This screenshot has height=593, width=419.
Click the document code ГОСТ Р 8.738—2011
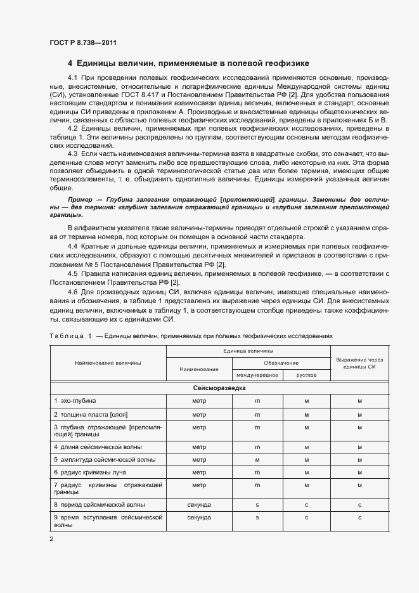pos(82,42)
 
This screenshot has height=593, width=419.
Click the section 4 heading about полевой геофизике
pos(188,63)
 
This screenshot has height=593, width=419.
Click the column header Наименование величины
pos(108,362)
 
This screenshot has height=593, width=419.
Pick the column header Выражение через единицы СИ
pos(359,362)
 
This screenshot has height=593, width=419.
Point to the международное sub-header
pos(257,375)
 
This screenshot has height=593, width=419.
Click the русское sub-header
pos(306,375)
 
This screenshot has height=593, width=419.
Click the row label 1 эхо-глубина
pos(75,400)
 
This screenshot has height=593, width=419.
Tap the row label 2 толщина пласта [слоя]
pos(91,414)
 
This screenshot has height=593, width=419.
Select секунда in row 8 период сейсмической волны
pos(198,504)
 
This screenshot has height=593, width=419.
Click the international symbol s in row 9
pos(257,518)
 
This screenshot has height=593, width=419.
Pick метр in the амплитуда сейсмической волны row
pos(198,459)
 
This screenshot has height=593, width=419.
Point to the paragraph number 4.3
pos(72,154)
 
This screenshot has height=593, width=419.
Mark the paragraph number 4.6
pos(72,292)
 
